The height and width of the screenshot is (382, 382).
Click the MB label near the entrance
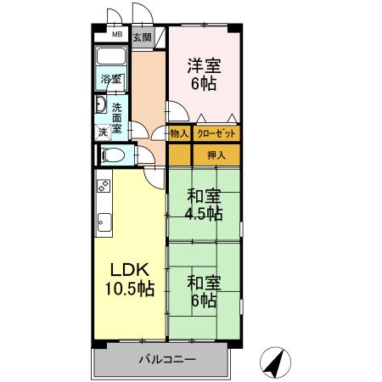pos(116,36)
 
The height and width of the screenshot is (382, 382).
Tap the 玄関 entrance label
pos(142,37)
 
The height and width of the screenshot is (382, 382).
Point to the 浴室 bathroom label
pos(111,79)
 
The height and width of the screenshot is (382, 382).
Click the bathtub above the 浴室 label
pos(111,58)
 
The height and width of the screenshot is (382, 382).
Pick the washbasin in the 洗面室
pos(100,107)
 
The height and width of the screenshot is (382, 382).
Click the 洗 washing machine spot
pos(102,132)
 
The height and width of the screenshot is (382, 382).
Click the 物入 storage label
pos(178,133)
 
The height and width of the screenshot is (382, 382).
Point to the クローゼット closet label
pos(216,133)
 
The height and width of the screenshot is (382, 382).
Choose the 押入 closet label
pos(216,154)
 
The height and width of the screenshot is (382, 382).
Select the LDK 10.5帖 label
pos(129,278)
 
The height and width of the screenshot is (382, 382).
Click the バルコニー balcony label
pos(167,359)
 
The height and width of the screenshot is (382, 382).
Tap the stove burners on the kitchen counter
pos(103,184)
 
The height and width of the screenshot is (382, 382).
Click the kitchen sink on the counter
pos(102,223)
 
